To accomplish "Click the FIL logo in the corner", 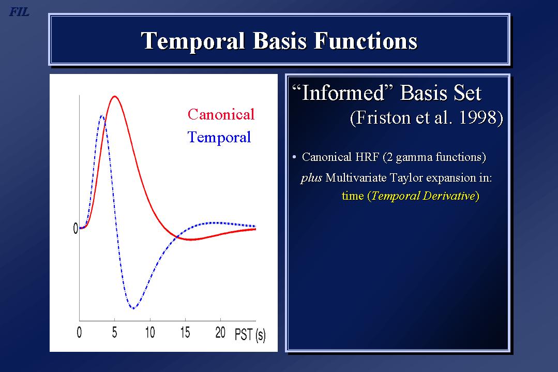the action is coord(19,12).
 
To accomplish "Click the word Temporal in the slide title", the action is coord(193,41).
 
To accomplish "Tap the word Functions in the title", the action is coord(366,40).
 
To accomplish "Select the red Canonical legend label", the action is coord(221,115).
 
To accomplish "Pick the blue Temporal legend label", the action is coord(219,138).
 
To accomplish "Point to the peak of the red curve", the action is coord(115,96).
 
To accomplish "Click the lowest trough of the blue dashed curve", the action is coord(133,308).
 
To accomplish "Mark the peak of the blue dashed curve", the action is coord(102,116).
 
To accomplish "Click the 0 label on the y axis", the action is coord(76,228).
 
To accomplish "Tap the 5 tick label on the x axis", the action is coord(114,333).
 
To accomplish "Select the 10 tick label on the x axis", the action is coord(150,333).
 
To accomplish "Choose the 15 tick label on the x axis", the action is coord(185,333).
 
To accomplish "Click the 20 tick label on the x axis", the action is coord(220,333).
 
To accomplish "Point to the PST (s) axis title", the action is coord(250,335).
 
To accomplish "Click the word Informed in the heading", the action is coord(343,93).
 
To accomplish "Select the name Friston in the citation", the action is coord(383,117).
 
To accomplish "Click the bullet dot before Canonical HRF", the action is coord(294,157).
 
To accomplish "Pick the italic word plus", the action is coord(311,178).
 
